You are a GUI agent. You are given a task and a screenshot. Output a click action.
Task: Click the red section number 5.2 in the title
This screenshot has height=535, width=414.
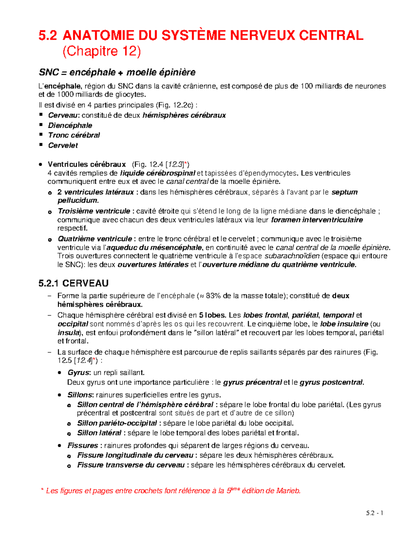48,35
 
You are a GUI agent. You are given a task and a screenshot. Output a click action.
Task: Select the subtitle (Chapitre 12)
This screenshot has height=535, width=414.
101,51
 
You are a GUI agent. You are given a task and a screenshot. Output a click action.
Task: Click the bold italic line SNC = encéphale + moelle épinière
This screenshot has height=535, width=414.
117,72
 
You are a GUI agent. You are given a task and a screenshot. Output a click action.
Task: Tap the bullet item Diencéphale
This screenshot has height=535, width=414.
70,125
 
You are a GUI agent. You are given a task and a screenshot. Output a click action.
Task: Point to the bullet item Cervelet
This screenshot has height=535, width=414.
63,145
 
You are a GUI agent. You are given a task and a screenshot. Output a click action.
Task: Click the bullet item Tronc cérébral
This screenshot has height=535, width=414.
74,135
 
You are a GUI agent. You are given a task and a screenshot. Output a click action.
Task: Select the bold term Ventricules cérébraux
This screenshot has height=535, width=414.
87,164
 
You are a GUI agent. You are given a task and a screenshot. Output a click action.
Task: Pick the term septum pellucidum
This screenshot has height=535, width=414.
344,192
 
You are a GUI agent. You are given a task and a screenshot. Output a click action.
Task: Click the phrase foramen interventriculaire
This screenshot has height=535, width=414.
317,220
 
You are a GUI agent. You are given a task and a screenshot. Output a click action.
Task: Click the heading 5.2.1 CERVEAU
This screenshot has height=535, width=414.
74,284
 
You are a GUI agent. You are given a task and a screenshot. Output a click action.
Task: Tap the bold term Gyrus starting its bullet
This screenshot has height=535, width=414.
79,372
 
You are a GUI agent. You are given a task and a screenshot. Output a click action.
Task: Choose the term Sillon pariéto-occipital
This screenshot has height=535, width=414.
117,423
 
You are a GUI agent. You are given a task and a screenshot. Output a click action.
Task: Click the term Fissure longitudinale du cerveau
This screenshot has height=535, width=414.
135,455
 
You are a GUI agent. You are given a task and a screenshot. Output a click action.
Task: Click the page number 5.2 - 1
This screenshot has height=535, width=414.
375,513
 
